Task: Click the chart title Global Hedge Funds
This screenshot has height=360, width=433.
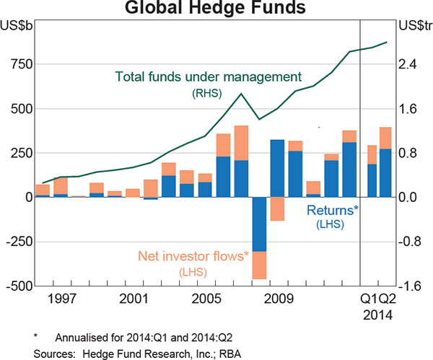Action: click(216, 9)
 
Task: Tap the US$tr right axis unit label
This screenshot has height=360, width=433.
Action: click(414, 26)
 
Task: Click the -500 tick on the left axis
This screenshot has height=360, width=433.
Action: click(16, 286)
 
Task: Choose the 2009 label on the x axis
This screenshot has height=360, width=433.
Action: click(277, 297)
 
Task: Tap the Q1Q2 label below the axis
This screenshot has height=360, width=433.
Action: click(379, 297)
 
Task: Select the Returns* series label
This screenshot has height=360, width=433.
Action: click(333, 211)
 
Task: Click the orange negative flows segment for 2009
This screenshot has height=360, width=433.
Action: click(277, 208)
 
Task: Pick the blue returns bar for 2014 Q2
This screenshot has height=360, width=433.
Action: click(385, 172)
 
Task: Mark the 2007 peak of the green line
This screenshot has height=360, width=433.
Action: click(241, 94)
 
